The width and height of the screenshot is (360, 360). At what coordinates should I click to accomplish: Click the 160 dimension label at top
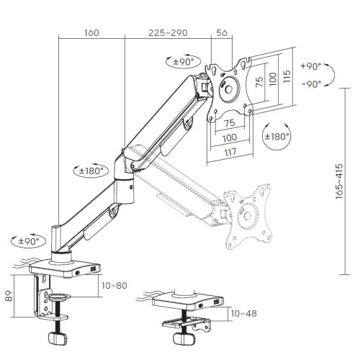point(91,32)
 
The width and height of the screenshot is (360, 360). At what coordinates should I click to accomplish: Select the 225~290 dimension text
point(168,32)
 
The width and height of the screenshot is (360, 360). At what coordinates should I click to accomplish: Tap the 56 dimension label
point(222,32)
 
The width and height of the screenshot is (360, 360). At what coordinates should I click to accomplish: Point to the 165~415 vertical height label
point(339,181)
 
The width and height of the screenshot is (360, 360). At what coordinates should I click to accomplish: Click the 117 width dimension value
point(230,153)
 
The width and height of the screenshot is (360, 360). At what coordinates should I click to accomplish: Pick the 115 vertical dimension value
point(287,76)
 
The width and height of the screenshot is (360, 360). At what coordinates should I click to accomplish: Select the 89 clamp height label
point(9,296)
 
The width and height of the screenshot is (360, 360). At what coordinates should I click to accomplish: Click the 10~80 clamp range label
point(114,286)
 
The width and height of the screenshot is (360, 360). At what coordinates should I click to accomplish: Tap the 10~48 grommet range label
point(243,313)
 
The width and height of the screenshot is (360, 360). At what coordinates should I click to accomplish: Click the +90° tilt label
point(311,66)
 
